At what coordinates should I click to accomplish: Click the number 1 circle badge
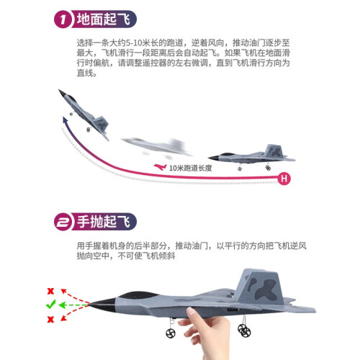63,19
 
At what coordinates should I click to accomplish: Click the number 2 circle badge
63,222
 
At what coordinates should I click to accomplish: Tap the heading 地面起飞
104,19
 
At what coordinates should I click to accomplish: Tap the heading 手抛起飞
104,222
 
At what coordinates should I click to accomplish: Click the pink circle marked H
284,179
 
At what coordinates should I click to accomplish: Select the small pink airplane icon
160,167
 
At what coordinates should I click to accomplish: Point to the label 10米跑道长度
191,168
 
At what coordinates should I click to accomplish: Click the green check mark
50,305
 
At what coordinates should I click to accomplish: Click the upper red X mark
50,291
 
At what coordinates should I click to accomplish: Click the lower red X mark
50,319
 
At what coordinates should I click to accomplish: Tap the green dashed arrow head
62,305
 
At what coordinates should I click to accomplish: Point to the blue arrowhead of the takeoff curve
65,120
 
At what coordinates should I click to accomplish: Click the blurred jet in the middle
157,147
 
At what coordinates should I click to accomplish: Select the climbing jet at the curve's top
84,114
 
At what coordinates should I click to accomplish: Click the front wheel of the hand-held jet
171,333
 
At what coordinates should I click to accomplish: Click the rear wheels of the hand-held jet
244,330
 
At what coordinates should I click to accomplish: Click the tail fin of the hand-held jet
259,286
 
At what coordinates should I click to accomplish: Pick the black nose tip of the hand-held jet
89,305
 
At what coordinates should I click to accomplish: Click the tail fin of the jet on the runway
274,150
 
